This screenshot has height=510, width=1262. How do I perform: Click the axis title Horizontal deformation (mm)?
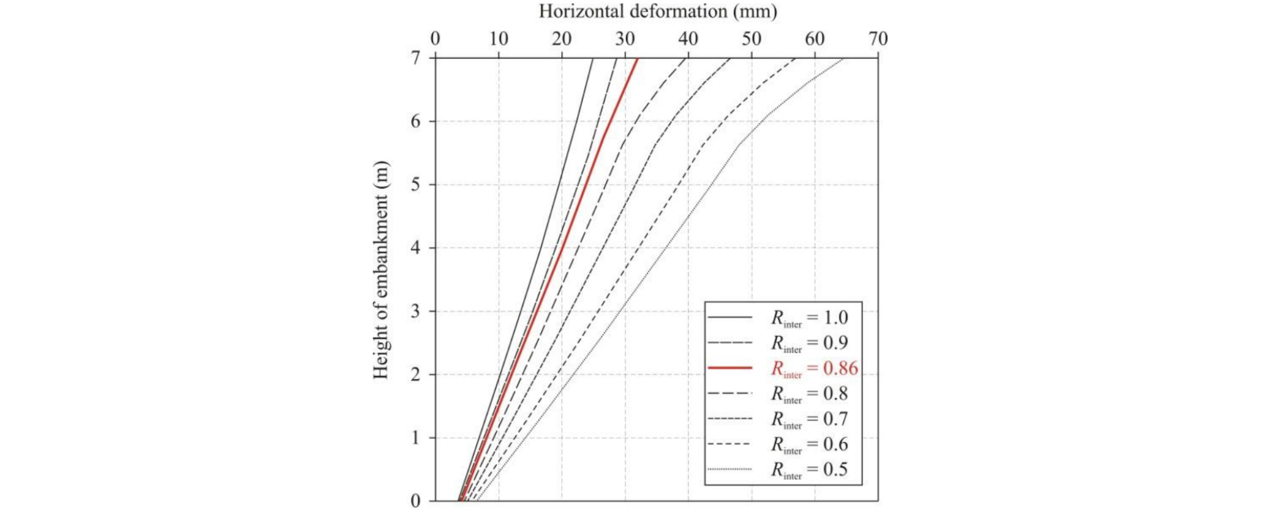pyautogui.click(x=657, y=11)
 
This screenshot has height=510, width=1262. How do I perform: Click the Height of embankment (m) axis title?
pyautogui.click(x=381, y=270)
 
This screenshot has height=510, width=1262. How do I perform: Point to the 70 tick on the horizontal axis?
pyautogui.click(x=878, y=39)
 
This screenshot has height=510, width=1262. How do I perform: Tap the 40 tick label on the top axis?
pyautogui.click(x=688, y=39)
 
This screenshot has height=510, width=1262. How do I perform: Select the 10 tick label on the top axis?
pyautogui.click(x=498, y=39)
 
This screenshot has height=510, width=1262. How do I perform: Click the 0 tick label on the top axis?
pyautogui.click(x=435, y=39)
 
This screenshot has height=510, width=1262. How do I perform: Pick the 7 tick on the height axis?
pyautogui.click(x=415, y=58)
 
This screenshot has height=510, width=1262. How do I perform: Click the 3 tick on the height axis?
pyautogui.click(x=415, y=311)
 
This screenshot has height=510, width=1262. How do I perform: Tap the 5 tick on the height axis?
pyautogui.click(x=415, y=185)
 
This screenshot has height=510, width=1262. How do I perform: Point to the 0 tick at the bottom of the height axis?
pyautogui.click(x=415, y=501)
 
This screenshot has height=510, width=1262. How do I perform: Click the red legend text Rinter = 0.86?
pyautogui.click(x=815, y=369)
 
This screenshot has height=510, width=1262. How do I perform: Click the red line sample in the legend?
pyautogui.click(x=730, y=367)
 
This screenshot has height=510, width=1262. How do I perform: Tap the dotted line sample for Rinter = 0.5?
pyautogui.click(x=730, y=469)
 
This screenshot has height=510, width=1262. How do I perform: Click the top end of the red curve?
pyautogui.click(x=638, y=59)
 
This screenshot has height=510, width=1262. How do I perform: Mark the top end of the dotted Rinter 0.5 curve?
pyautogui.click(x=843, y=59)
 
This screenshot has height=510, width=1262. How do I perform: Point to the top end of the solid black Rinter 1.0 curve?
pyautogui.click(x=593, y=59)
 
